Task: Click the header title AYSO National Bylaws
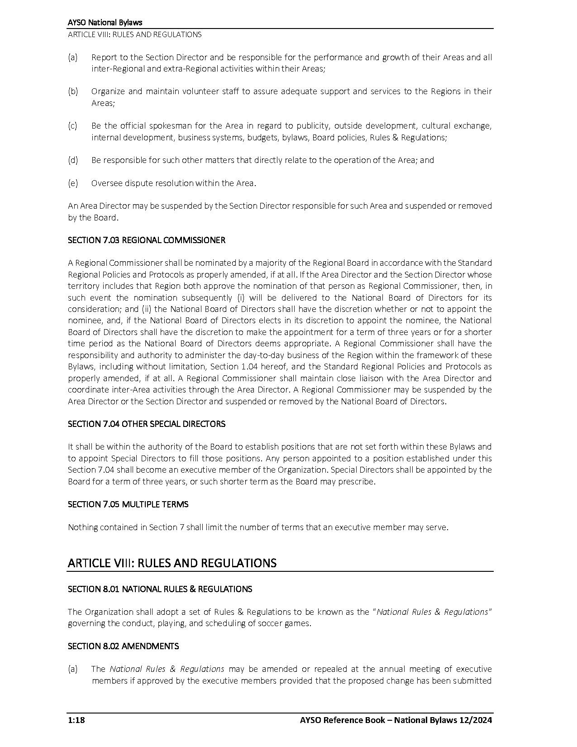(105, 23)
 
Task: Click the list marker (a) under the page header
(72, 57)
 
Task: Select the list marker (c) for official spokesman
(72, 126)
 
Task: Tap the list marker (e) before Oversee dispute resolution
(72, 183)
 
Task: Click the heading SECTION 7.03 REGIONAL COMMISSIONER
(146, 240)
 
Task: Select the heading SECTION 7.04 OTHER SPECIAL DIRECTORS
(146, 424)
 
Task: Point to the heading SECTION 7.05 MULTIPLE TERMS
(128, 504)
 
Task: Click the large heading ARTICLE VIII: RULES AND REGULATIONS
(172, 563)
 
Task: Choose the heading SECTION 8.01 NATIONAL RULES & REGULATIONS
(160, 589)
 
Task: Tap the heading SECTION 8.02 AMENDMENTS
(123, 646)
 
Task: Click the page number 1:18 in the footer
(76, 720)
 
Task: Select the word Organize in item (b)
(108, 91)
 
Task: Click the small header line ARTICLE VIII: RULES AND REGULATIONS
(134, 34)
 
